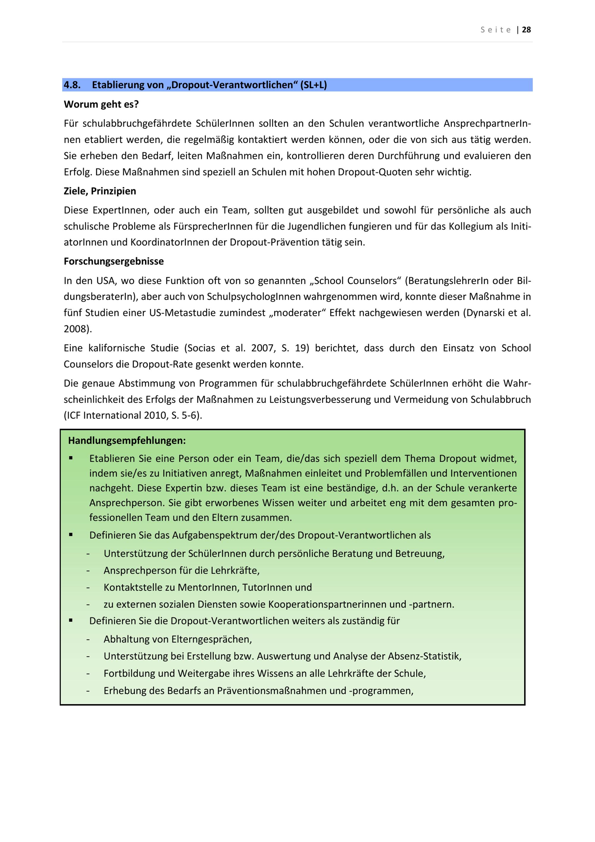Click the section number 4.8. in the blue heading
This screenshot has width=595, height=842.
(72, 85)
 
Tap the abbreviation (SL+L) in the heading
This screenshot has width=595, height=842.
(313, 85)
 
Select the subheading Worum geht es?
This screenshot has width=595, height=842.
(101, 105)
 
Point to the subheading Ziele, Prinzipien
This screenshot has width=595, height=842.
(100, 191)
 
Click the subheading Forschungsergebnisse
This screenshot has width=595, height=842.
(114, 261)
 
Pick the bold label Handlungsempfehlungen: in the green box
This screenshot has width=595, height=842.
(127, 440)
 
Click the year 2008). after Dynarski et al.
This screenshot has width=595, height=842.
(78, 329)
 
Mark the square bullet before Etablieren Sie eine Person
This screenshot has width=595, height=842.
(71, 458)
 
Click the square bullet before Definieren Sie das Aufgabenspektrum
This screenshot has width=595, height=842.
(71, 535)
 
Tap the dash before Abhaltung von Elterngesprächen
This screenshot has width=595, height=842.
(88, 640)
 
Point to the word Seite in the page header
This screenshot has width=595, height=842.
(496, 30)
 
